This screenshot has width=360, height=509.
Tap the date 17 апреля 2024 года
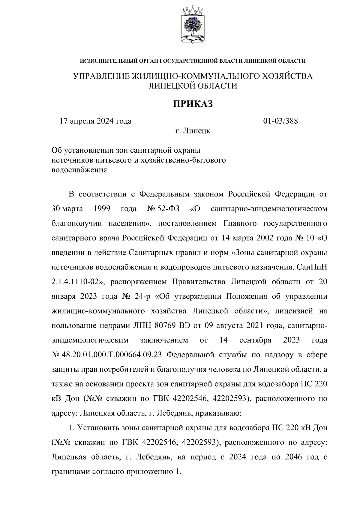96,121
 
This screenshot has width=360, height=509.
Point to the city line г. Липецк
193,131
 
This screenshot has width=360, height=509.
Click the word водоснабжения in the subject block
79,170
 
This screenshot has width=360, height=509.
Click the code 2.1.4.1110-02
77,282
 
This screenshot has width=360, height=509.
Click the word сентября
255,340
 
